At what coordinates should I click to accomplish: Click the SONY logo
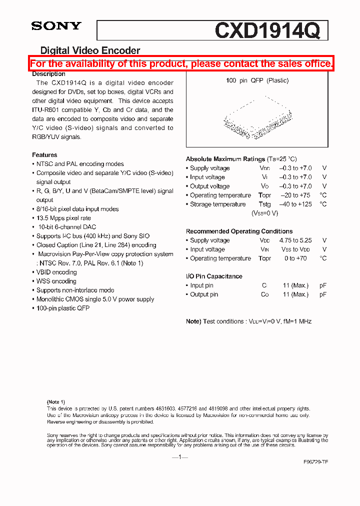click(56, 26)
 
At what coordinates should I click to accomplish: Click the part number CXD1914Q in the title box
click(267, 30)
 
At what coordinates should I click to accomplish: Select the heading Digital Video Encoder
click(90, 50)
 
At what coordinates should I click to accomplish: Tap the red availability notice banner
click(181, 63)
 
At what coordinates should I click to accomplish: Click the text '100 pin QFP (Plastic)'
click(257, 80)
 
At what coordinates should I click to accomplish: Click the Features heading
click(44, 155)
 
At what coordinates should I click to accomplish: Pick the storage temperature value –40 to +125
click(295, 204)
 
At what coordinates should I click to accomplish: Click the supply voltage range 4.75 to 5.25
click(295, 240)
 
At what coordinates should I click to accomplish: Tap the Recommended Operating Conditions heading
click(239, 231)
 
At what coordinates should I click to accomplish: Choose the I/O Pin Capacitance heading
click(214, 276)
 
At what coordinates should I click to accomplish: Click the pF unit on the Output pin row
click(323, 294)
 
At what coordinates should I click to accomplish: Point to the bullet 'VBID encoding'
click(56, 272)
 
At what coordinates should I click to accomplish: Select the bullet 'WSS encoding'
click(56, 281)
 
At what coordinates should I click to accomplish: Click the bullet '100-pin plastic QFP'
click(62, 308)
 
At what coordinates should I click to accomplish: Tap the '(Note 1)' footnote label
click(56, 402)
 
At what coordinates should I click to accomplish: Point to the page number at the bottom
click(179, 457)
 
